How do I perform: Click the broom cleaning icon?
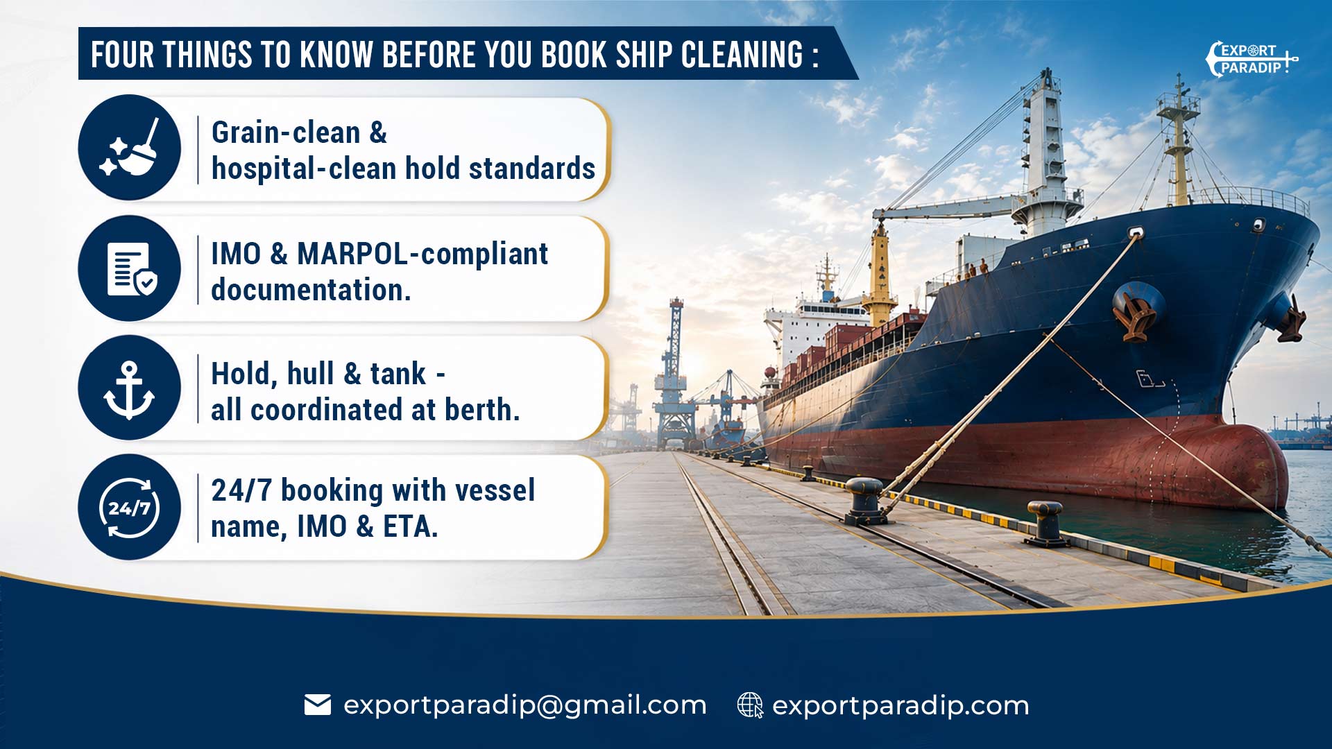point(130,147)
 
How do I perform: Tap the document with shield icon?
point(132,269)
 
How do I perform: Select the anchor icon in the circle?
point(129,390)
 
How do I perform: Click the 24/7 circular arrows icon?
point(130,508)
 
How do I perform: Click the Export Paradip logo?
point(1252,60)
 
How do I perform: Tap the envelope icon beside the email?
point(318,705)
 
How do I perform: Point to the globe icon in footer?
point(750,705)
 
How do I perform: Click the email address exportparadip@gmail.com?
point(525,705)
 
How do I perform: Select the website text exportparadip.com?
point(900,705)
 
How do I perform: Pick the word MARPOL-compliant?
point(422,255)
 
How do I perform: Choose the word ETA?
point(411,526)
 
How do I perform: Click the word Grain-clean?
point(286,132)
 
